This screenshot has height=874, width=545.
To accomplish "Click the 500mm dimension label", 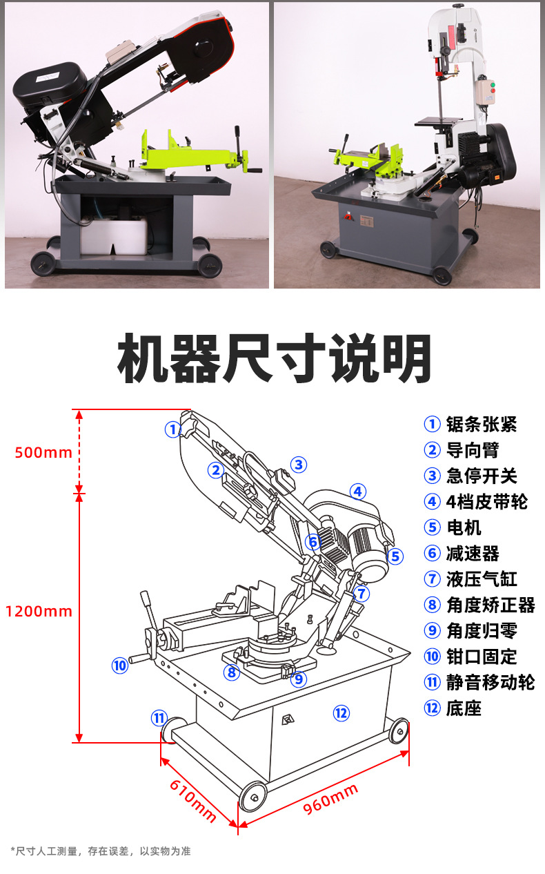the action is tap(43, 453).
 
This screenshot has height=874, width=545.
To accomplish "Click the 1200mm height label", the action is tap(39, 612).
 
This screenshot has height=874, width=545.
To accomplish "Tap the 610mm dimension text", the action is tap(192, 801).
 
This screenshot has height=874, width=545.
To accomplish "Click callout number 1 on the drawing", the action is tap(172, 429).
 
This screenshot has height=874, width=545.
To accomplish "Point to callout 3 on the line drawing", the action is tap(299, 465).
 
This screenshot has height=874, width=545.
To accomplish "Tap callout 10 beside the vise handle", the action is tap(119, 666).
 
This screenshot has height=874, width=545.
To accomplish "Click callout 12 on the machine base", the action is tap(341, 713).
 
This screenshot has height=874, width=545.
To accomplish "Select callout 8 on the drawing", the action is tap(232, 672).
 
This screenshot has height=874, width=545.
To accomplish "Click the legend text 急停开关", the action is tap(482, 476).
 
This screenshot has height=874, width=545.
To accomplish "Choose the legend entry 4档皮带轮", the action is tap(487, 502).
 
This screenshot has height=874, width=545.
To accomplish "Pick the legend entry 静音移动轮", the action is tap(490, 682).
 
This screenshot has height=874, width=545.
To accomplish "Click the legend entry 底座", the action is tap(464, 708).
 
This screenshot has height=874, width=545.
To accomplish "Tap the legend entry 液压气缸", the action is tap(482, 579).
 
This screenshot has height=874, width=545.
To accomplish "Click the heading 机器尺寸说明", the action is tap(274, 358).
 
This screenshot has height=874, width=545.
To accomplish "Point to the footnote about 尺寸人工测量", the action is tap(101, 851).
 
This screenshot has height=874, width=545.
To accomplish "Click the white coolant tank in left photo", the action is tap(113, 236).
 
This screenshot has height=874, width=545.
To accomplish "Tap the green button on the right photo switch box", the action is tap(493, 84).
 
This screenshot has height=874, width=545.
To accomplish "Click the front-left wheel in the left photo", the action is tap(43, 264).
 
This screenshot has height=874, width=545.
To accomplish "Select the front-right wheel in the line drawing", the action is tap(399, 731).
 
